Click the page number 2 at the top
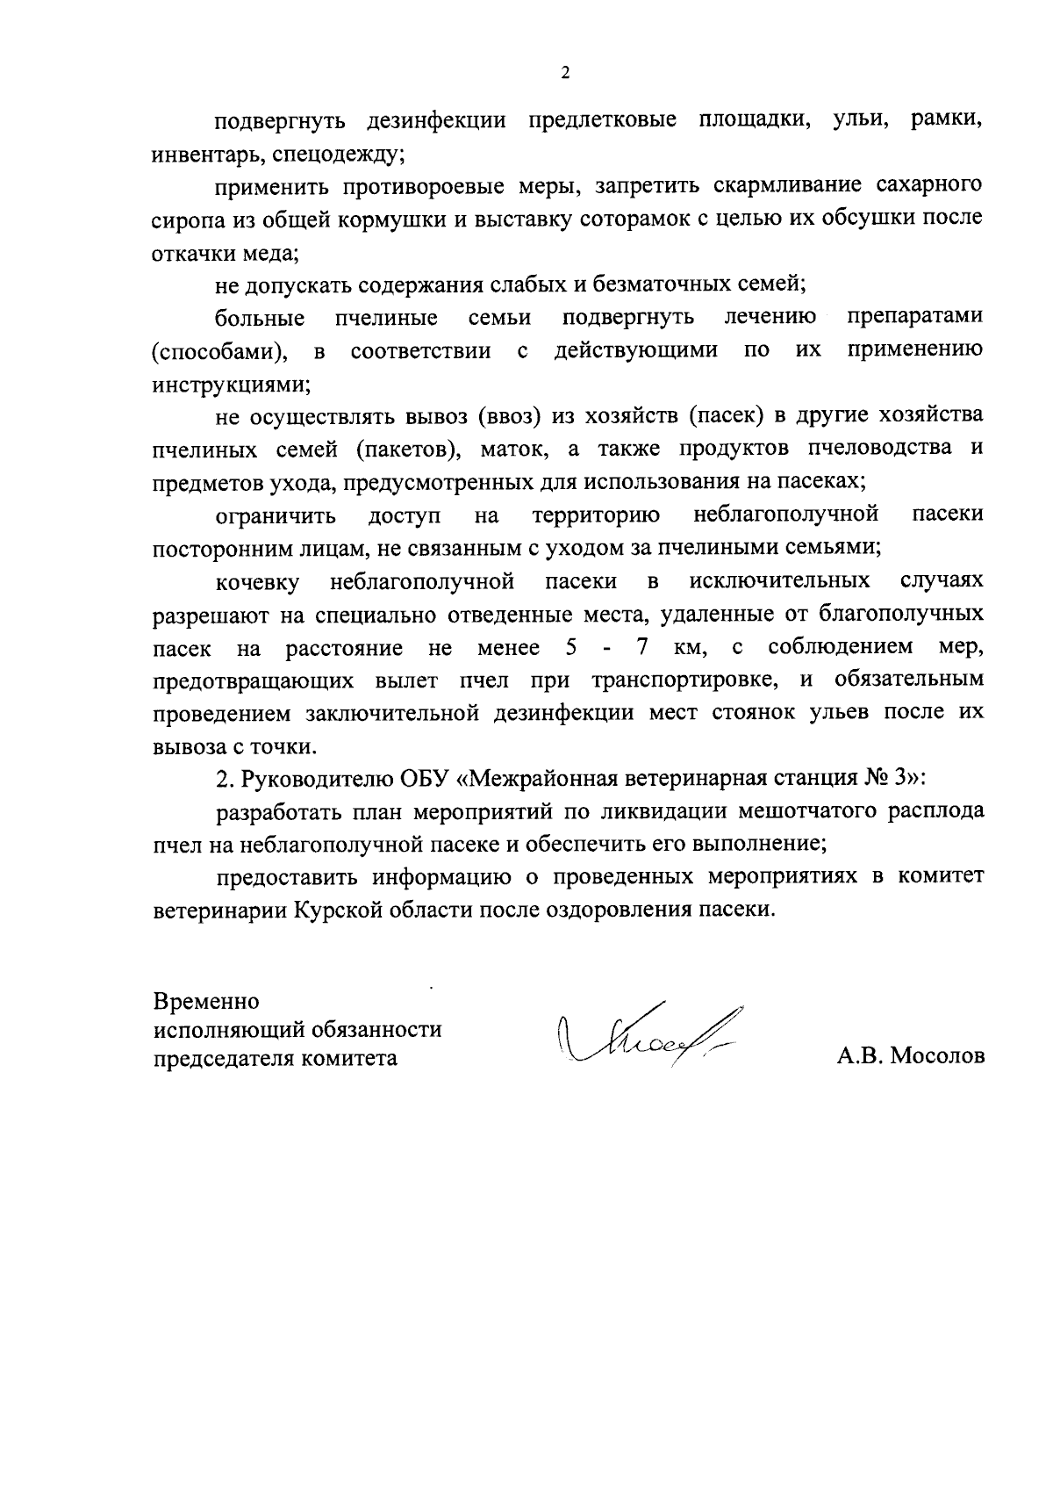[x=564, y=74]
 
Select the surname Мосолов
[x=938, y=1056]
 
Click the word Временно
[x=206, y=1001]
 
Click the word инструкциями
[x=231, y=384]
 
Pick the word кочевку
[x=258, y=582]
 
